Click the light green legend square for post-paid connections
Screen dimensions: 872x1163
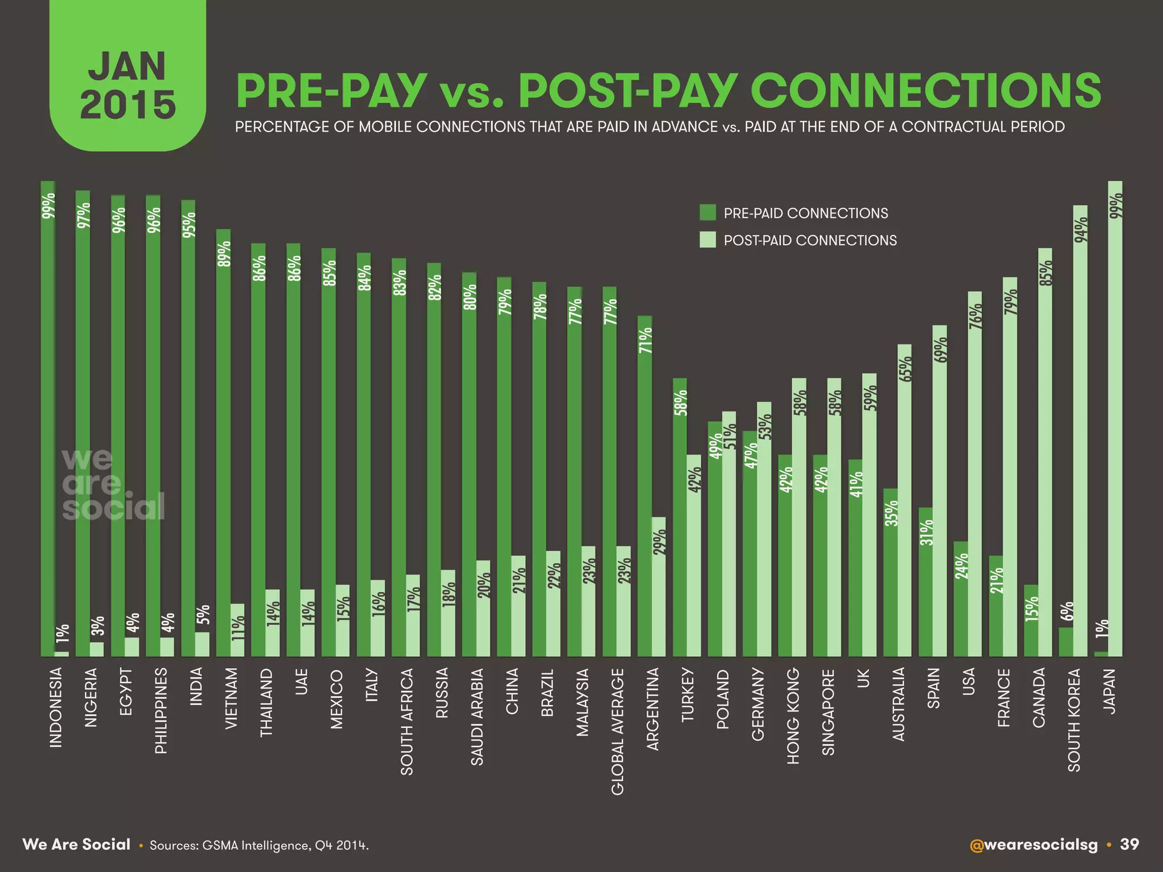[x=707, y=240]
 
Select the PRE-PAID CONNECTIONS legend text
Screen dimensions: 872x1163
[x=805, y=213]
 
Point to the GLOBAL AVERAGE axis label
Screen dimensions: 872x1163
[x=617, y=731]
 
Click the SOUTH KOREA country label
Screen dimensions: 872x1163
[x=1074, y=720]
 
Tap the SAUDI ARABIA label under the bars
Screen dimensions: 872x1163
[x=477, y=716]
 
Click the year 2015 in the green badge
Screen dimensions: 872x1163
[x=128, y=105]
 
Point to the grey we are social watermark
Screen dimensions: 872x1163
[x=112, y=485]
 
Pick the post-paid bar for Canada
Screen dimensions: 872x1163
[x=1045, y=454]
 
